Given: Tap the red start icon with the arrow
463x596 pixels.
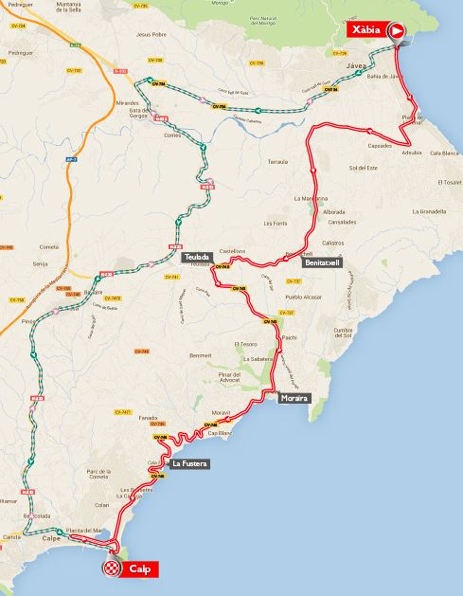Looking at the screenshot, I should pos(398,31).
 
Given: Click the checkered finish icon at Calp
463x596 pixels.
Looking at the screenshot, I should pos(113,569).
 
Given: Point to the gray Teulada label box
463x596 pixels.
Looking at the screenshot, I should pos(197,257).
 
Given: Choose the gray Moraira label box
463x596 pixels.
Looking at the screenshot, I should pos(294,399).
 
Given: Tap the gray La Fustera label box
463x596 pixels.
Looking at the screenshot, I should pos(189,464).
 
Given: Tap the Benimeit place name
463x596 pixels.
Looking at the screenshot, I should pos(201,355).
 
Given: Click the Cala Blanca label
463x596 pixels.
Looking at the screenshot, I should pos(443,153).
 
